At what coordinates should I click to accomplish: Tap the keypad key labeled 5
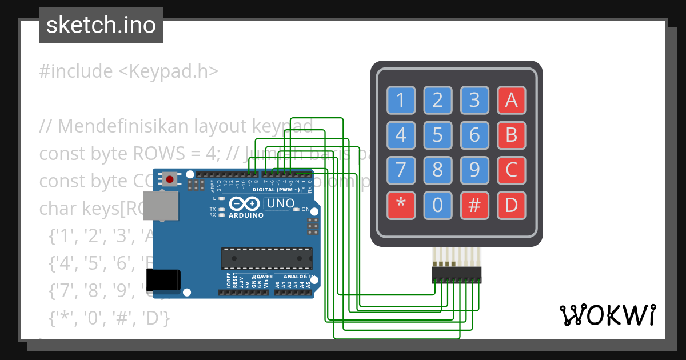tap(437, 135)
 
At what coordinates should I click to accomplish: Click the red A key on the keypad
tap(511, 101)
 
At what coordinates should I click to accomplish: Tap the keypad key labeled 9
tap(474, 170)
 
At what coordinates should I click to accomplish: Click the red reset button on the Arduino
tap(169, 179)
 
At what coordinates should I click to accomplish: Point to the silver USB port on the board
tap(159, 206)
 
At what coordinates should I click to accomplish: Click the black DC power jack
tap(163, 279)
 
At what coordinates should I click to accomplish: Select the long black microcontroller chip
tap(266, 258)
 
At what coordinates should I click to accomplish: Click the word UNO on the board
tap(281, 203)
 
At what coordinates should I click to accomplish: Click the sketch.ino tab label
tap(101, 25)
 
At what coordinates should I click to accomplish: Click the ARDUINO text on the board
tap(246, 215)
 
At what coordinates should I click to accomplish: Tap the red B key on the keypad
tap(511, 135)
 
